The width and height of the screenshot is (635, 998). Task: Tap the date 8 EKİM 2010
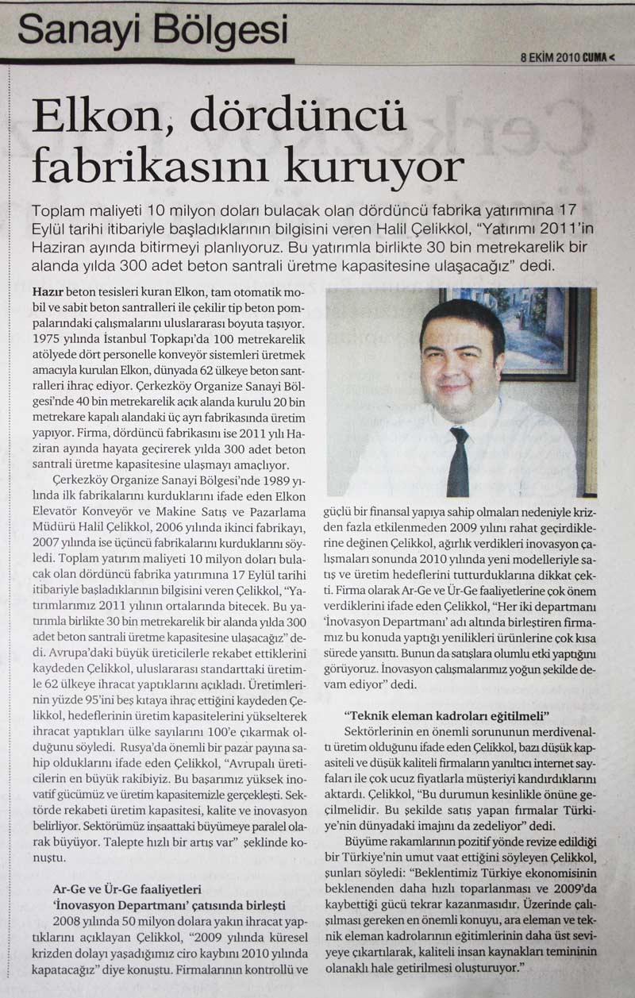550,57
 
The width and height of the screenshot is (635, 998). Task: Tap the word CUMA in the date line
597,57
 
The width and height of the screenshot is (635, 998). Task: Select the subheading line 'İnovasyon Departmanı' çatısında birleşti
167,905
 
